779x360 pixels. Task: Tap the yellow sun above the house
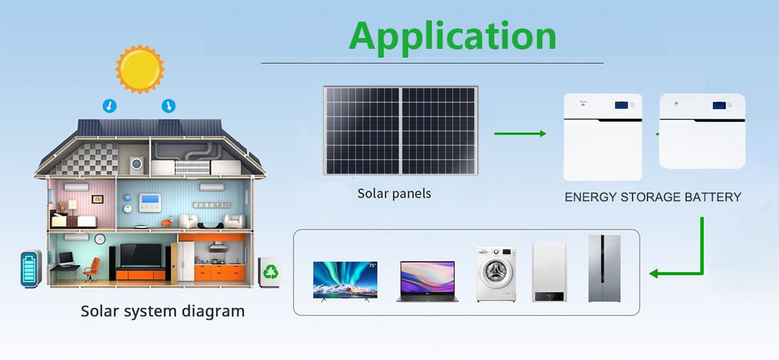[140, 69]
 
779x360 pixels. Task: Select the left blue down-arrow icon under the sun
[109, 106]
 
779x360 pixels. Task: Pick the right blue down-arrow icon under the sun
[169, 106]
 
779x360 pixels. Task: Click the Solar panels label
[395, 194]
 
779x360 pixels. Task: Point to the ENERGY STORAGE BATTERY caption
[653, 197]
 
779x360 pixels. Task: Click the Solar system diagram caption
[163, 311]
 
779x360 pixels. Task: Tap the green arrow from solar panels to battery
[520, 133]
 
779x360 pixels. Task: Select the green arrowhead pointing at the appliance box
[654, 273]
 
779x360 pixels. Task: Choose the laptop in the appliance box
[427, 281]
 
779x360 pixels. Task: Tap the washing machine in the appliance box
[496, 274]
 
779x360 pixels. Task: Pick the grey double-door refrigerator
[605, 268]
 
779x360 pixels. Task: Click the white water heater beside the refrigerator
[549, 272]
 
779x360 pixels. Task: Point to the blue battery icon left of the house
[31, 268]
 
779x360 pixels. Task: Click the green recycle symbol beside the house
[271, 272]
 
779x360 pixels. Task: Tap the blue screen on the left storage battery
[621, 105]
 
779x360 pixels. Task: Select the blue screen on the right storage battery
[719, 105]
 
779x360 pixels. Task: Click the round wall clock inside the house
[100, 239]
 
